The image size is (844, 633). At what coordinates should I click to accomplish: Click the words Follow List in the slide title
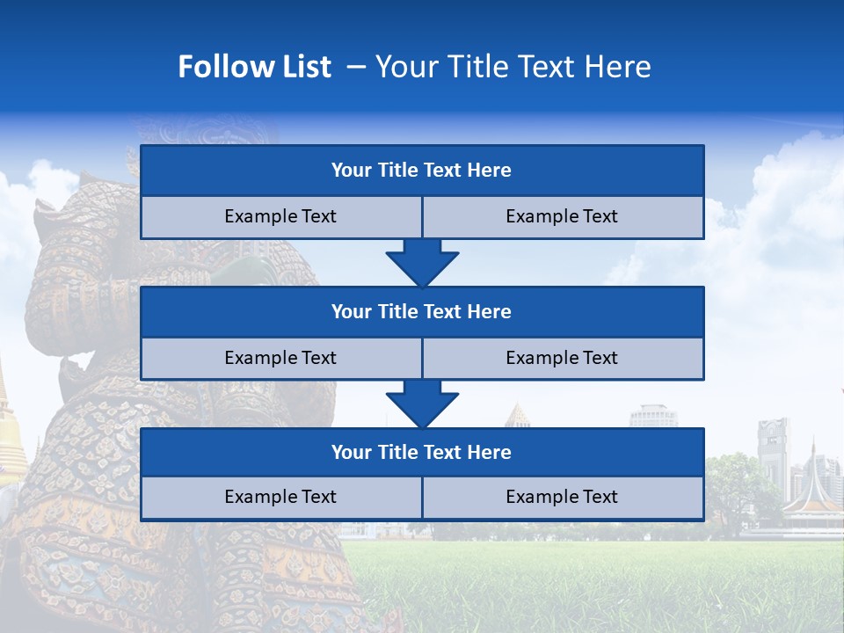[x=254, y=67]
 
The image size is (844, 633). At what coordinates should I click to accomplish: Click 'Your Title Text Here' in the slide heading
[x=513, y=67]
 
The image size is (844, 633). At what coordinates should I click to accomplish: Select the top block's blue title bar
[x=422, y=171]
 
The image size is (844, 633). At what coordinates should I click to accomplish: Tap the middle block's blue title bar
[x=422, y=312]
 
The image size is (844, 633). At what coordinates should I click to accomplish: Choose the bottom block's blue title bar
[x=422, y=453]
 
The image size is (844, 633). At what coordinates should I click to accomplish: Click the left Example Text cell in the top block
[x=280, y=217]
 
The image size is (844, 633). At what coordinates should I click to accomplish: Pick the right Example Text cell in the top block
[x=562, y=217]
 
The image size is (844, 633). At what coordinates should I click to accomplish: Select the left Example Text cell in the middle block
[x=280, y=359]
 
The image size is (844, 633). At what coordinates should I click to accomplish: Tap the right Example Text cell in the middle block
[x=562, y=359]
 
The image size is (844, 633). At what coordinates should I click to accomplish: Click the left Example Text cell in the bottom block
[x=280, y=498]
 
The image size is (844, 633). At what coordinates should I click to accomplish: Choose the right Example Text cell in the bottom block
[x=562, y=498]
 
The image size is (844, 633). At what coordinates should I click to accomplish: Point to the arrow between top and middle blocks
[x=422, y=264]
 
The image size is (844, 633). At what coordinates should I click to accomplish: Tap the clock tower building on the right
[x=774, y=457]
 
